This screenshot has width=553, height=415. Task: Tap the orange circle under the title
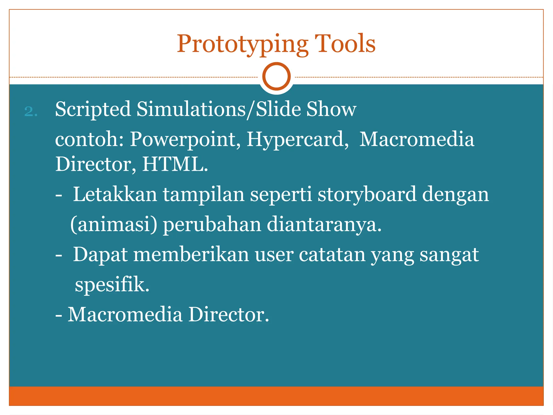276,76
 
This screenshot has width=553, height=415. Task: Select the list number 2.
31,111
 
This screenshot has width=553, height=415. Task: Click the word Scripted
93,109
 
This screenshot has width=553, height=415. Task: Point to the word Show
331,109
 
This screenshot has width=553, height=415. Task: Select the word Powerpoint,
186,140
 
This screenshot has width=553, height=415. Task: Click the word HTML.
175,164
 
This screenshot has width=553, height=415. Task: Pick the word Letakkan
115,194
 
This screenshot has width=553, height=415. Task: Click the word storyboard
367,195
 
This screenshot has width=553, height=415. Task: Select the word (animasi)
114,225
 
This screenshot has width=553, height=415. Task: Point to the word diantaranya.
324,225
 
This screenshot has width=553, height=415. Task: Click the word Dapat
100,255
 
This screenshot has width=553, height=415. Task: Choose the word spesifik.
112,285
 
